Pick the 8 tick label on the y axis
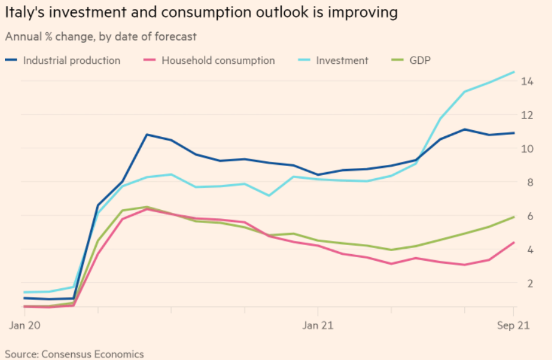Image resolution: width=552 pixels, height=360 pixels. [x=530, y=182]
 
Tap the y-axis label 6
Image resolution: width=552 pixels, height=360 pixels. [x=530, y=216]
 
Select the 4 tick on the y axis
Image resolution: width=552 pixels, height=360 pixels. [x=530, y=249]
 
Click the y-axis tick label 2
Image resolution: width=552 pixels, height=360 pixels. [x=530, y=283]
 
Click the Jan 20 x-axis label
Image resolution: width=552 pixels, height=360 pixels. [x=24, y=326]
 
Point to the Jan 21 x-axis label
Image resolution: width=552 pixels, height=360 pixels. [x=318, y=326]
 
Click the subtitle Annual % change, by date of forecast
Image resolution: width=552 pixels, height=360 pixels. [x=101, y=36]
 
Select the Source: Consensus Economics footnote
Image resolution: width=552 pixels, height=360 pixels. [x=74, y=353]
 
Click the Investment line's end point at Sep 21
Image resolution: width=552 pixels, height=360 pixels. [x=514, y=72]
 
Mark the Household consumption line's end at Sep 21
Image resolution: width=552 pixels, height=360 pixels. [x=514, y=243]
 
